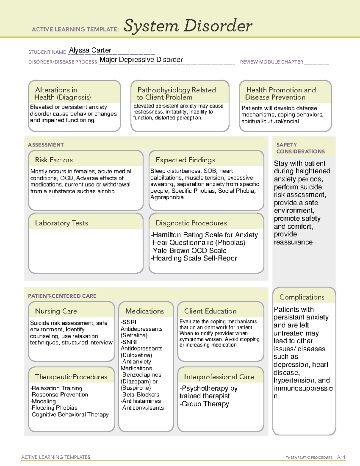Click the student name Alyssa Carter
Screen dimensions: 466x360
click(x=90, y=50)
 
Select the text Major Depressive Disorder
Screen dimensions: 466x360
click(x=141, y=60)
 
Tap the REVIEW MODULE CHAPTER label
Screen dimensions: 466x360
click(x=271, y=62)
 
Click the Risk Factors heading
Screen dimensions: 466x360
click(x=54, y=160)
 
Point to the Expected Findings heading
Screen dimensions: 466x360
click(x=185, y=160)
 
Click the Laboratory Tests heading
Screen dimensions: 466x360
click(x=61, y=223)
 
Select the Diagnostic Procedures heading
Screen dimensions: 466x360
click(x=191, y=223)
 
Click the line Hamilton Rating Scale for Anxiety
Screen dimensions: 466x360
click(x=205, y=235)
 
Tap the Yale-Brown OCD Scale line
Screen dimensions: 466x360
click(x=189, y=251)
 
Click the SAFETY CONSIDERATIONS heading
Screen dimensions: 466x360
click(x=300, y=148)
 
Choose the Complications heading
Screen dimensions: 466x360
click(x=302, y=297)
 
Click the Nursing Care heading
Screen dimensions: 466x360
click(x=56, y=311)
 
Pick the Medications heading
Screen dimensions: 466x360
click(x=145, y=311)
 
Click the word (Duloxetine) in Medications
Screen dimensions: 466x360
click(x=136, y=355)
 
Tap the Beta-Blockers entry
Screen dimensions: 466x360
click(x=140, y=395)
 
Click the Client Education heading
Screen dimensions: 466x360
click(x=210, y=311)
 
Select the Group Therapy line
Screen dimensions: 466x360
click(x=205, y=404)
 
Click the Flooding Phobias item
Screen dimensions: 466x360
click(x=54, y=408)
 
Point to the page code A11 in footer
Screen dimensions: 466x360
click(x=341, y=457)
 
